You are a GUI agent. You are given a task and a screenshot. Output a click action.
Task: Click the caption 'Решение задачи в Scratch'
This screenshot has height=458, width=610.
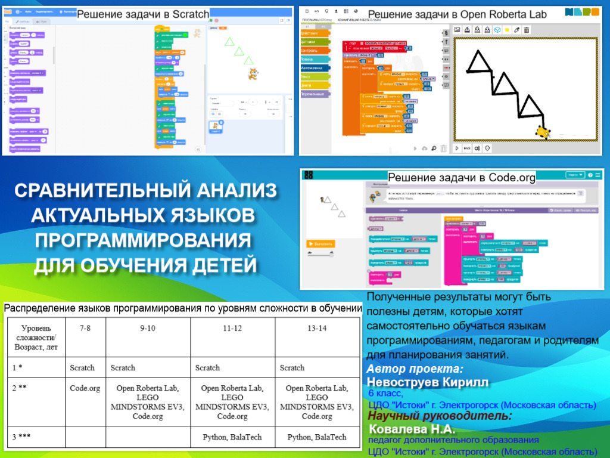tap(143, 14)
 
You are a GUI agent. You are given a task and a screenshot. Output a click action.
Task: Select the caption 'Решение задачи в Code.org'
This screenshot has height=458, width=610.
tap(462, 177)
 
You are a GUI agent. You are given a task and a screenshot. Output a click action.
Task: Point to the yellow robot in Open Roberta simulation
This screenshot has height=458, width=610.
tap(543, 132)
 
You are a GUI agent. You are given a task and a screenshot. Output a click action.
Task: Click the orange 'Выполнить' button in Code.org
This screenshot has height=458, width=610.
tap(320, 243)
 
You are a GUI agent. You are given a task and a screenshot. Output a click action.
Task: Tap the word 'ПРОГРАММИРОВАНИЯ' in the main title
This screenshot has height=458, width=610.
tap(143, 240)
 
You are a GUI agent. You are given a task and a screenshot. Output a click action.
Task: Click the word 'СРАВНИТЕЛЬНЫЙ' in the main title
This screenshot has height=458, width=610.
tap(83, 191)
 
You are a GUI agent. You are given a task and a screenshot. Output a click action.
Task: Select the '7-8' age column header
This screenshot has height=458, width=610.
tap(85, 329)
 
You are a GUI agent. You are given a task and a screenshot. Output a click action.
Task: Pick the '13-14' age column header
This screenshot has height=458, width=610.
tap(317, 329)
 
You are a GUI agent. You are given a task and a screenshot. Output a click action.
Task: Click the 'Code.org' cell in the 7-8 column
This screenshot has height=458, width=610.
tap(85, 388)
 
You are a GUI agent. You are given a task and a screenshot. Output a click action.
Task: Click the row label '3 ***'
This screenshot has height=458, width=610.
tap(21, 437)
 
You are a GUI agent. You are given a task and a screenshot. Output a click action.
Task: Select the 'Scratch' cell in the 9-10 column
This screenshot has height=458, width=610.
tap(123, 368)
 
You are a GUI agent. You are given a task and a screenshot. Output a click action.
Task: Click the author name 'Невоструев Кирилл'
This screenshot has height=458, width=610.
tap(428, 382)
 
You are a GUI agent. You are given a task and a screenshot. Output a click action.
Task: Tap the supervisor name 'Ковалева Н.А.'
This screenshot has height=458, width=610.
tap(412, 429)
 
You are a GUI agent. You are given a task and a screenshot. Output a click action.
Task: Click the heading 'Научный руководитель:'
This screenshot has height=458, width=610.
tap(438, 416)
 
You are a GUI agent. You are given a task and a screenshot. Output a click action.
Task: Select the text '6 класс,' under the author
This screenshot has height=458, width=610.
tap(385, 394)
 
